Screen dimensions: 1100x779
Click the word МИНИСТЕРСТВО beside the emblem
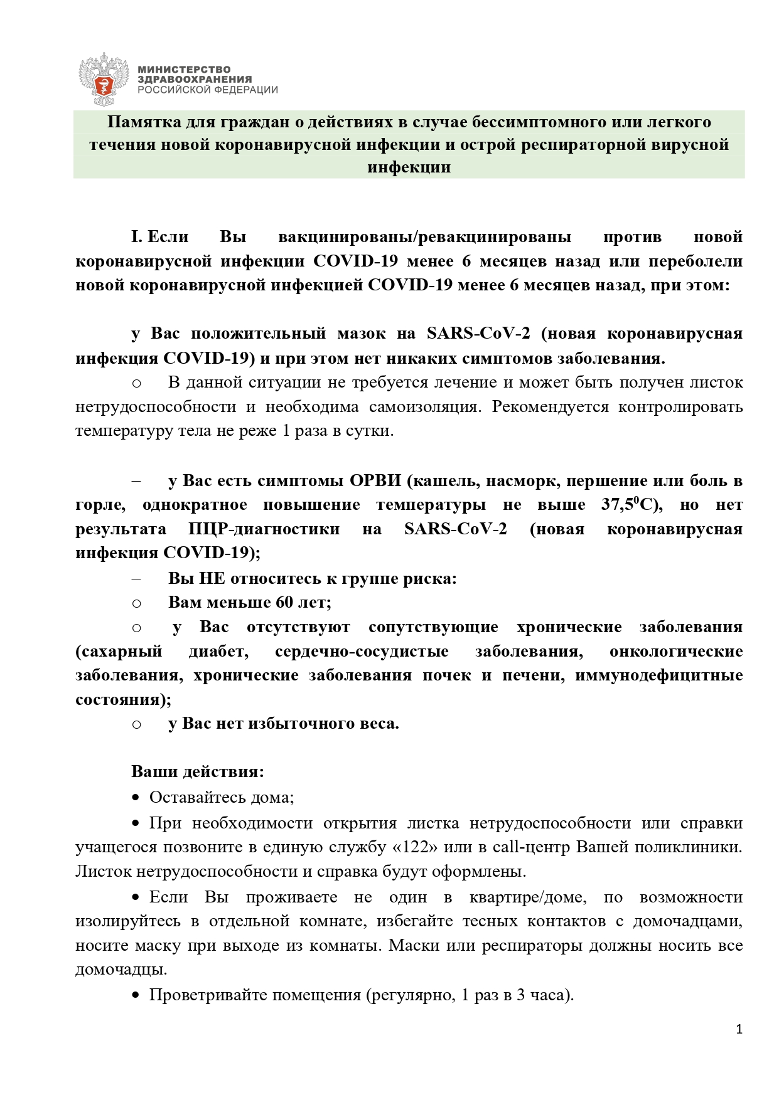click(184, 70)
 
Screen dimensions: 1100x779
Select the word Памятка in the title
click(142, 121)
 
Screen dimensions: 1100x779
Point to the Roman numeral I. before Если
click(137, 237)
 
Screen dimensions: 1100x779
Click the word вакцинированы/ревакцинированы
click(424, 237)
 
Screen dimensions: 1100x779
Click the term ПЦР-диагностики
click(264, 529)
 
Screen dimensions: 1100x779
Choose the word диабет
click(218, 651)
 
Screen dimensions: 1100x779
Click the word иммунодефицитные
click(659, 675)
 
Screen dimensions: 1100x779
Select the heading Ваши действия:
click(198, 771)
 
